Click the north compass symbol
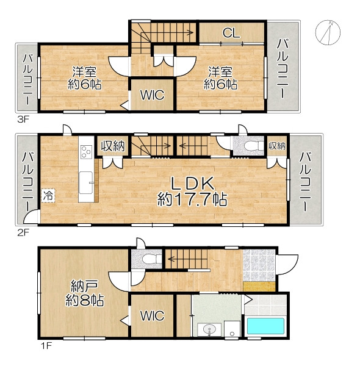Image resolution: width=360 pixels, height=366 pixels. click(x=328, y=32)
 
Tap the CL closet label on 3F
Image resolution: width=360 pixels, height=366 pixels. click(x=231, y=33)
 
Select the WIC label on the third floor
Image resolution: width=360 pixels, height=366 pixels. click(x=152, y=95)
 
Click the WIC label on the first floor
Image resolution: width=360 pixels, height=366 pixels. click(x=152, y=315)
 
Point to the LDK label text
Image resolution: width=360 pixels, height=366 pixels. click(x=192, y=183)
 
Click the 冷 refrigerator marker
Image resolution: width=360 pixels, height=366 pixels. click(x=49, y=196)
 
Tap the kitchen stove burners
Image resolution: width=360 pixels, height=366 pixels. click(x=86, y=151)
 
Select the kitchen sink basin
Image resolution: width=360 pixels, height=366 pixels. click(x=85, y=182)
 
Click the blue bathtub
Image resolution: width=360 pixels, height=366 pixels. click(x=265, y=326)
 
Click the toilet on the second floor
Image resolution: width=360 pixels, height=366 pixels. click(x=254, y=145)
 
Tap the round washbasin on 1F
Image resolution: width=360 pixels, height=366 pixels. click(x=209, y=330)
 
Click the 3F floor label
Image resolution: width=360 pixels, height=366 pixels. click(x=23, y=120)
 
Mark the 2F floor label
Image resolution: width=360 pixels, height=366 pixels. click(x=23, y=233)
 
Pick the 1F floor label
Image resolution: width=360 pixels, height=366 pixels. click(x=46, y=345)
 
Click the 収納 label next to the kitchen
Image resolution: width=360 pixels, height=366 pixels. click(x=113, y=146)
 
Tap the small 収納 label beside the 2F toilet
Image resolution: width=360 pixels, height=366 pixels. click(x=277, y=146)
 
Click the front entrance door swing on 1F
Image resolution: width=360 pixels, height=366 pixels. click(x=287, y=265)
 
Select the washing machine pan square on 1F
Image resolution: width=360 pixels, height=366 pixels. click(x=232, y=329)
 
